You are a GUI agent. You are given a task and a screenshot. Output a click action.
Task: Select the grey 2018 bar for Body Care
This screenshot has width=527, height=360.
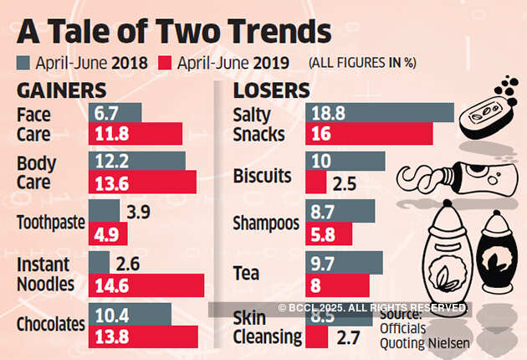click(x=137, y=161)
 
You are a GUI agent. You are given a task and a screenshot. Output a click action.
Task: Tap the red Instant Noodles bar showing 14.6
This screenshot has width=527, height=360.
click(x=146, y=285)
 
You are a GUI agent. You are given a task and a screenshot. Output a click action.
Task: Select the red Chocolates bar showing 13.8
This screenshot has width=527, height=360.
click(x=143, y=337)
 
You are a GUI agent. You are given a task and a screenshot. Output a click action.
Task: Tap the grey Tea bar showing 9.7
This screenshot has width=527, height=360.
click(x=344, y=263)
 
